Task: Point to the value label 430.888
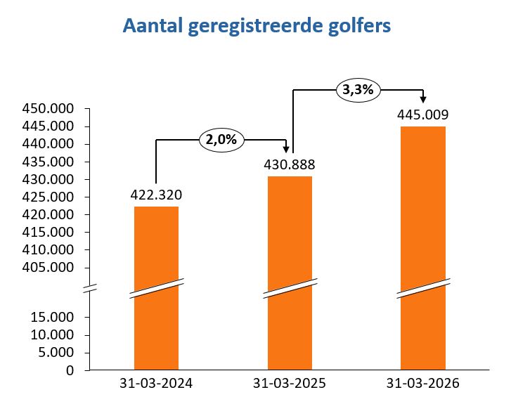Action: tap(290, 165)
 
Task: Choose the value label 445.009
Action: tap(422, 115)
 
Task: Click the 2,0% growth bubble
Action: tap(222, 140)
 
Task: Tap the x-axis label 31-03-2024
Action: tap(156, 384)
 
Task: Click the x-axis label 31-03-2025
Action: tap(290, 384)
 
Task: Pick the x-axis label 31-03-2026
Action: tap(422, 384)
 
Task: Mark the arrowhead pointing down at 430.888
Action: tap(287, 149)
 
